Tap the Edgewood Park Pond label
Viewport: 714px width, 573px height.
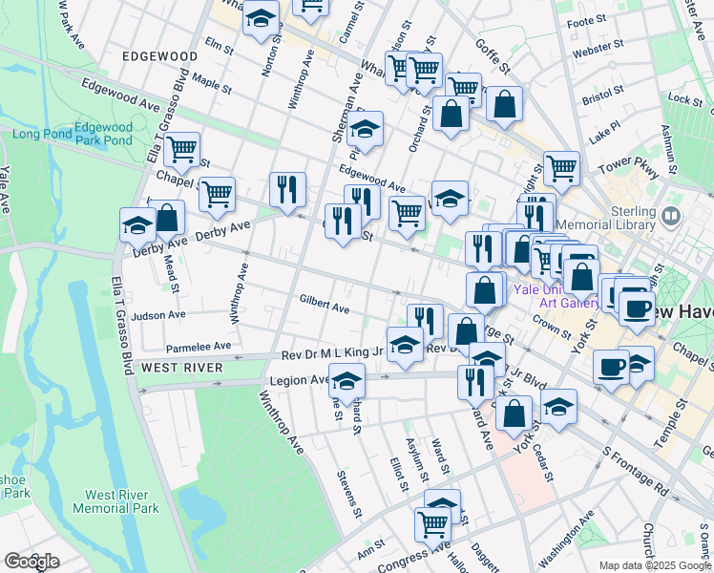click(x=103, y=134)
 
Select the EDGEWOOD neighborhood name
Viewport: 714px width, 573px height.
click(x=160, y=57)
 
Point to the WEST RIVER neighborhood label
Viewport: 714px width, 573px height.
click(x=182, y=368)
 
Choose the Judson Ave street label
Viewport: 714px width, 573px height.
click(x=158, y=315)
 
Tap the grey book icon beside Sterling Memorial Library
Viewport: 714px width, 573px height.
click(x=671, y=216)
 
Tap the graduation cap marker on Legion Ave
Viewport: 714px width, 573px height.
click(x=346, y=380)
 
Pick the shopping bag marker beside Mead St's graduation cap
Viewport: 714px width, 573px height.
click(x=167, y=218)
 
